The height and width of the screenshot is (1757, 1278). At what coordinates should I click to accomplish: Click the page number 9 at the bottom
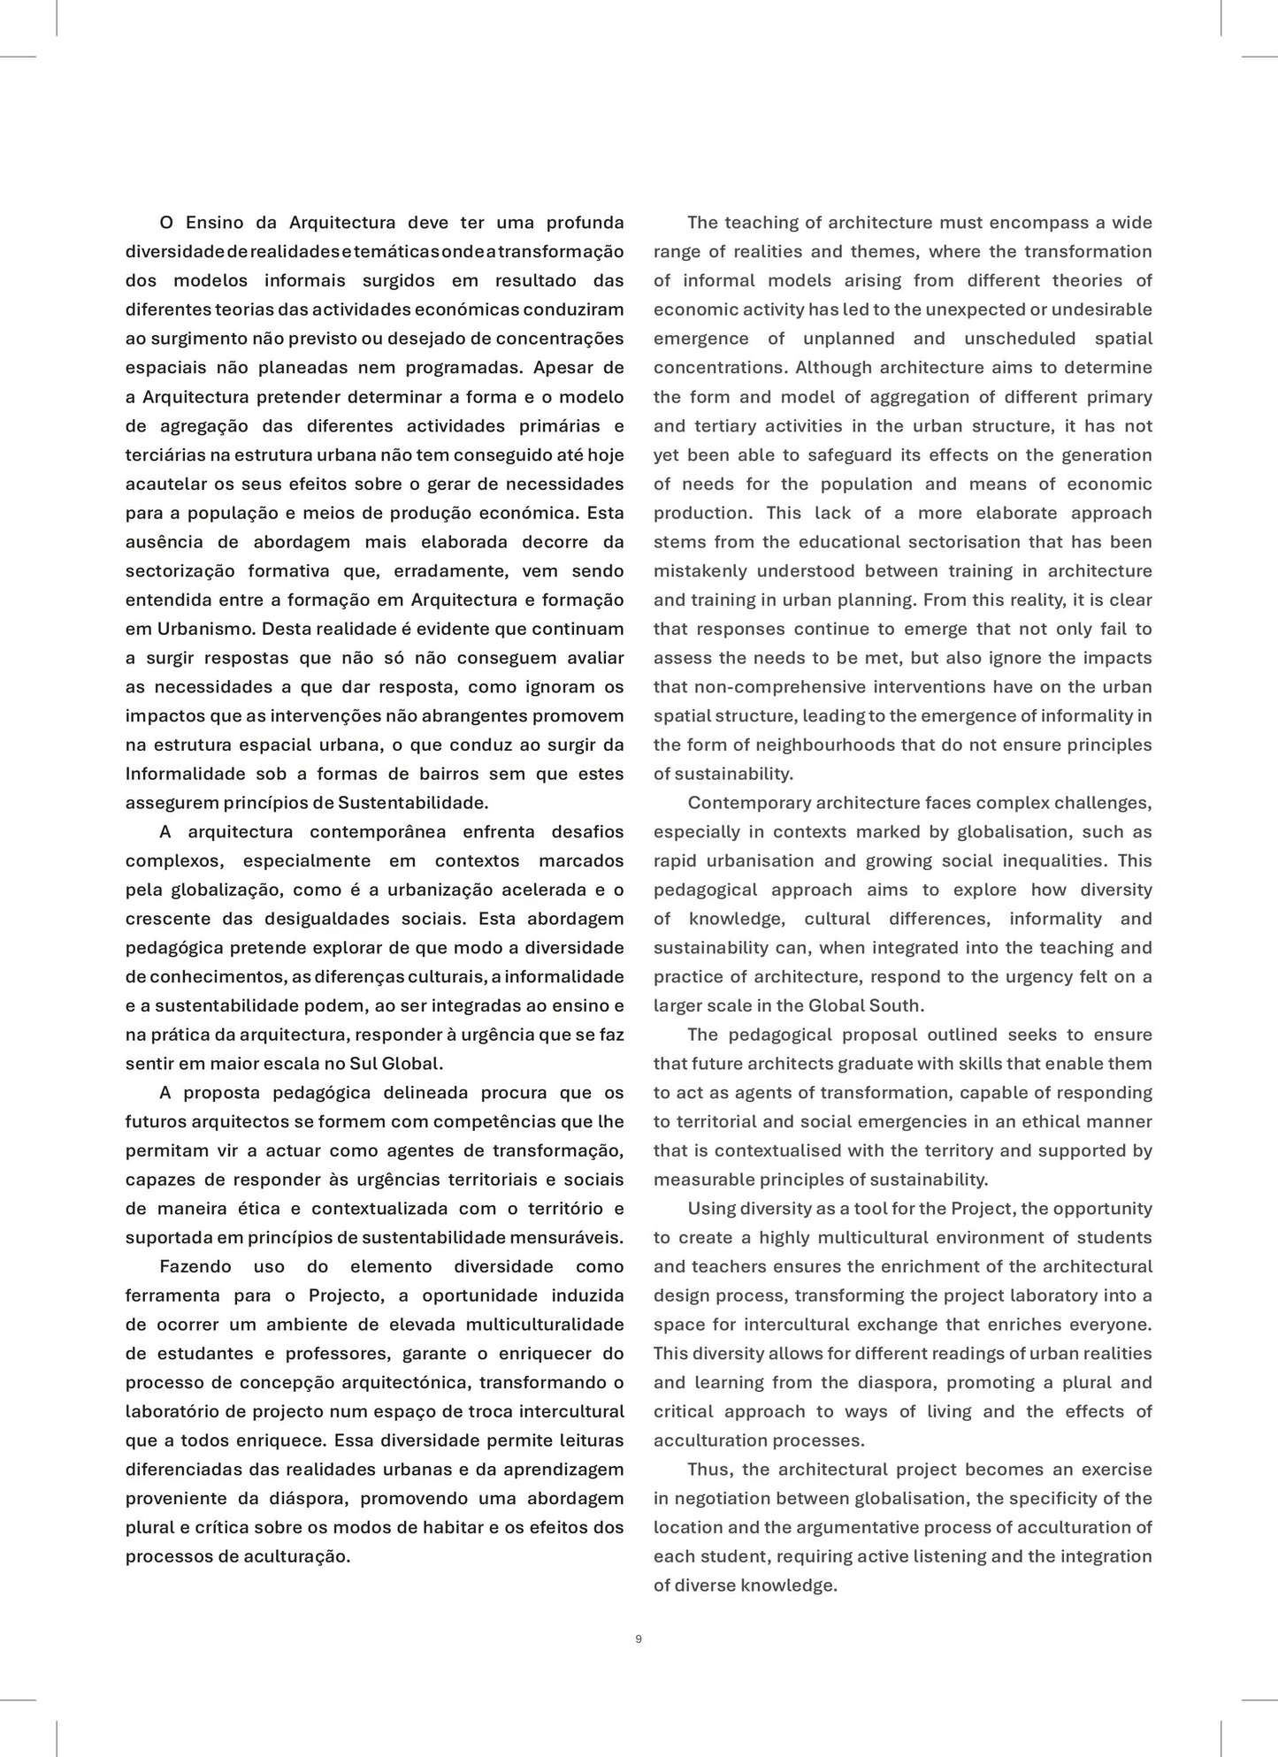click(639, 1639)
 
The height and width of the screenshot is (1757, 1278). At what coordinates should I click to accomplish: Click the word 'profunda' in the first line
click(585, 222)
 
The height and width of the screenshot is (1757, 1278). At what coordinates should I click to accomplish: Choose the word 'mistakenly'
click(699, 570)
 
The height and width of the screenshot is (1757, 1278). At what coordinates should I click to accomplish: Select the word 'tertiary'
click(724, 425)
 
